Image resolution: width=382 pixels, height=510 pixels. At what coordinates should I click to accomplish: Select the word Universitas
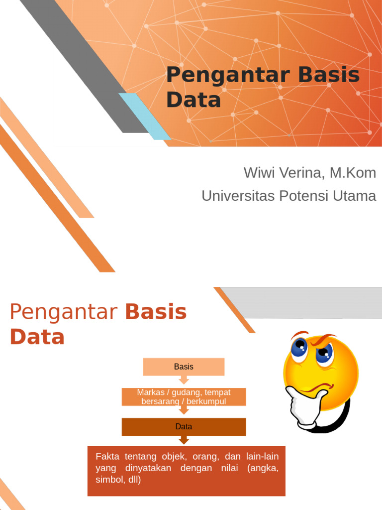[x=232, y=196]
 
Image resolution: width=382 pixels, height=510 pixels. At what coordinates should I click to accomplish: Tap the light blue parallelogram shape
[x=144, y=116]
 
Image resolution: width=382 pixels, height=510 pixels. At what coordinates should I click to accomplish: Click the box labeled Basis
[x=184, y=367]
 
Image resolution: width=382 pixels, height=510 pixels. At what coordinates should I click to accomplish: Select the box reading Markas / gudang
[x=184, y=396]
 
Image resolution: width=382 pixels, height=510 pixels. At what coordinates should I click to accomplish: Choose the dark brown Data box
[x=184, y=427]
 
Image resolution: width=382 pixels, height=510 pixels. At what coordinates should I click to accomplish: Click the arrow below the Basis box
[x=184, y=381]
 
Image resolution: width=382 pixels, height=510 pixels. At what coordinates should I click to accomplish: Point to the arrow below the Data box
[x=184, y=440]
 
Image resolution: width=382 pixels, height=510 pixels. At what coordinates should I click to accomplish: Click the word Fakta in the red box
[x=107, y=456]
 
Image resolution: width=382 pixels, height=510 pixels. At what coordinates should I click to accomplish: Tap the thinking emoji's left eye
[x=299, y=349]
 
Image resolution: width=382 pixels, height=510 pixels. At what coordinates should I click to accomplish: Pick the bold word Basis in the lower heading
[x=156, y=312]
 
